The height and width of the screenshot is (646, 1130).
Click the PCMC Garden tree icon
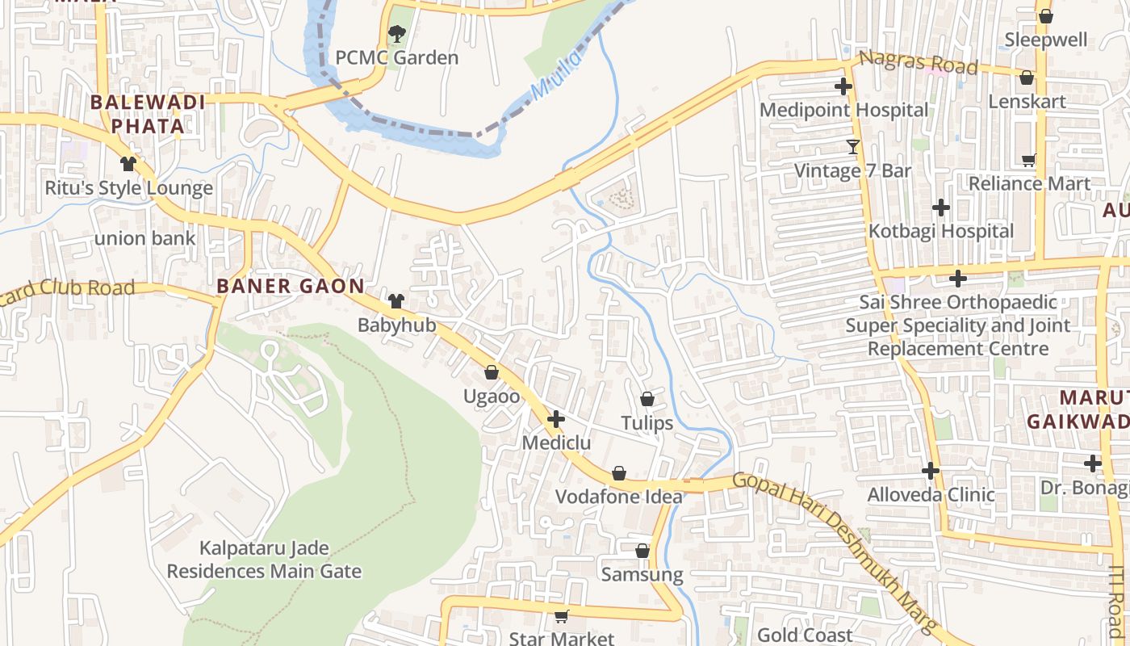tap(396, 34)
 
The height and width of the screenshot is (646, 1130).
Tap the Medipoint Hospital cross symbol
tap(843, 86)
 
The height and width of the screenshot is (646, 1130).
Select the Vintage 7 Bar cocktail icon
tap(853, 146)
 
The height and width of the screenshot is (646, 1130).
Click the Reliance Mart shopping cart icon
tap(1028, 160)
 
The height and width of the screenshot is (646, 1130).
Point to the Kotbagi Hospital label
tap(940, 231)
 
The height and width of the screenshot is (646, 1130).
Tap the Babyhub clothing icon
tap(395, 301)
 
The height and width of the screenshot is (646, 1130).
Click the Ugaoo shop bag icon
tap(491, 372)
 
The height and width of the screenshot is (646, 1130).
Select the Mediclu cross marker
tap(556, 419)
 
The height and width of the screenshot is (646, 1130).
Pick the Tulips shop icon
tap(647, 399)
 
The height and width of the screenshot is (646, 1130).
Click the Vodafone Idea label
tap(618, 497)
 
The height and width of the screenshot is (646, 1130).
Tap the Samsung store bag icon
tap(642, 551)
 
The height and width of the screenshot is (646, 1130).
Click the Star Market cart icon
tap(561, 616)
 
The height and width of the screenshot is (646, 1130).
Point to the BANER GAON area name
tap(291, 286)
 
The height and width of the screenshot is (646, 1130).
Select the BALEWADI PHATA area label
tap(148, 114)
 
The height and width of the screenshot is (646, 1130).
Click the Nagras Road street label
tap(919, 62)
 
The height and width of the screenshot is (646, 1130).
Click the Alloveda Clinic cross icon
tap(931, 470)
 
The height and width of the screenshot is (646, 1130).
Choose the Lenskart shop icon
tap(1027, 78)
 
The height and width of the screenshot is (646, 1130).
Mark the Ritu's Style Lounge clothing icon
tap(128, 164)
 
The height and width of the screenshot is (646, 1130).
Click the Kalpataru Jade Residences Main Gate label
tap(264, 560)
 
